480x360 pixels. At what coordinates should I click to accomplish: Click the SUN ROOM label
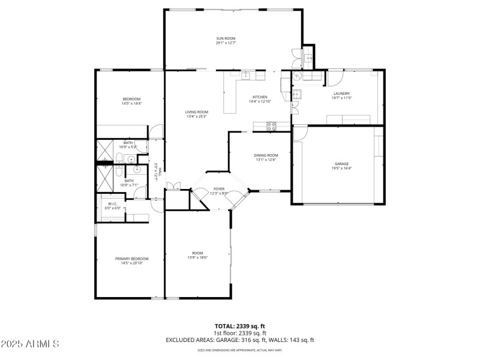[226, 38]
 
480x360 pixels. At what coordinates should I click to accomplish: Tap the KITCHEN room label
[259, 97]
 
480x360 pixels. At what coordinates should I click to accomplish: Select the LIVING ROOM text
[196, 112]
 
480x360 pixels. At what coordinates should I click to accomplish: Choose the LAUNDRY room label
[341, 93]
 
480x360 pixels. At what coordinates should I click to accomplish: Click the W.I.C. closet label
[113, 203]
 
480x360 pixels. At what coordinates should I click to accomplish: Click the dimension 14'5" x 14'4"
[131, 104]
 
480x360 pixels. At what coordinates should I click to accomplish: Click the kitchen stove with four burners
[272, 126]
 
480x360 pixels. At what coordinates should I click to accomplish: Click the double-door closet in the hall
[173, 187]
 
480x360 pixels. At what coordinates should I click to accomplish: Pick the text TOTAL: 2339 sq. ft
[239, 326]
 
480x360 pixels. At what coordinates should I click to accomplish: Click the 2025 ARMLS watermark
[30, 344]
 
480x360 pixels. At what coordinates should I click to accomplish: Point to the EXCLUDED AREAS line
[239, 340]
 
